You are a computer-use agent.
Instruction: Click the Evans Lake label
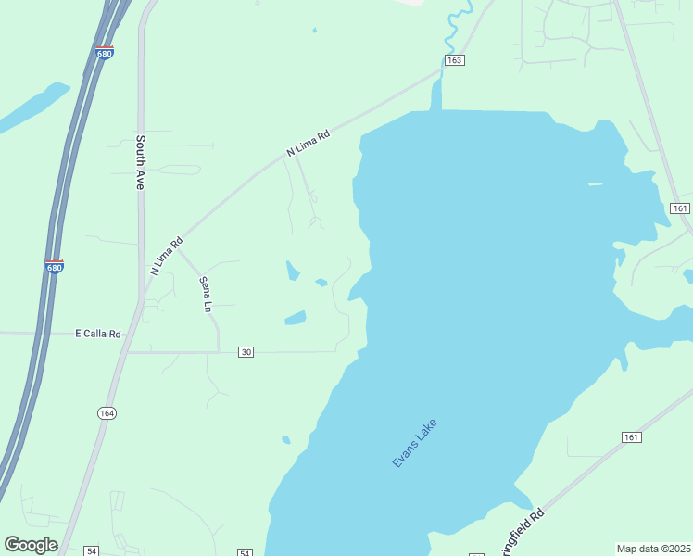(x=414, y=443)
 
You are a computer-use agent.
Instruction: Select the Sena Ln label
(x=207, y=294)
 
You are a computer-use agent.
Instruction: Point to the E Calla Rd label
(x=98, y=334)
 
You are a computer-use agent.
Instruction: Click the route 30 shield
(x=246, y=352)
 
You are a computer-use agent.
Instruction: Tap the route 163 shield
(x=453, y=60)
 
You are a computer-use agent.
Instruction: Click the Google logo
(x=31, y=545)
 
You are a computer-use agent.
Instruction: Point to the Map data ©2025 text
(x=654, y=549)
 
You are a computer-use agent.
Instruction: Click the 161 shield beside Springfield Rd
(x=631, y=437)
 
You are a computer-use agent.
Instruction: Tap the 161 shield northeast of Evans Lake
(x=680, y=208)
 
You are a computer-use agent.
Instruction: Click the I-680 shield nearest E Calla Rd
(x=55, y=267)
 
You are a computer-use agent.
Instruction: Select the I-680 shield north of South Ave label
(x=105, y=53)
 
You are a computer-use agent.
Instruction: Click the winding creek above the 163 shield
(x=453, y=28)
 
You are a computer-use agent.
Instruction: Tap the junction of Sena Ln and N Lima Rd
(x=179, y=247)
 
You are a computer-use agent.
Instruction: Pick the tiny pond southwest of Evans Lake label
(x=286, y=440)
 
